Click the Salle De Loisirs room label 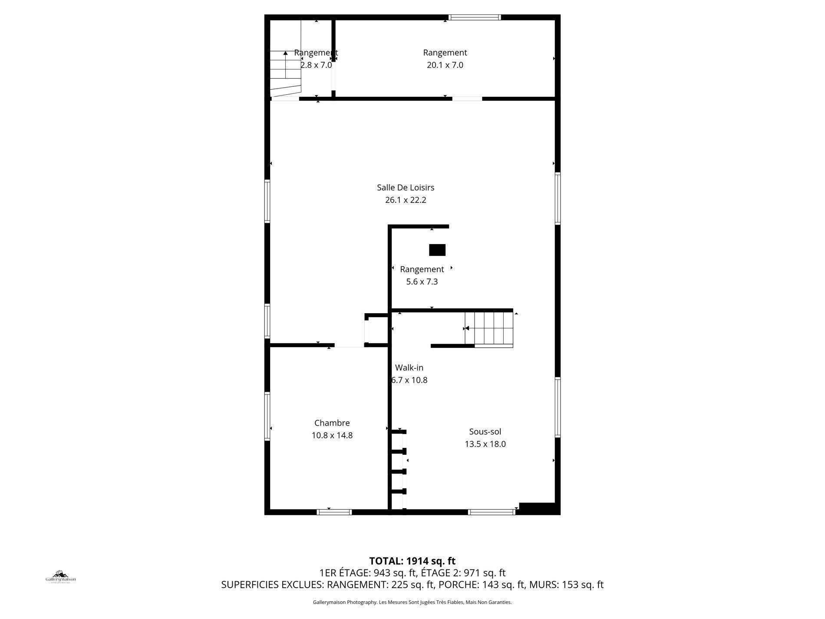click(x=406, y=188)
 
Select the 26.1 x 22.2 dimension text click(x=406, y=200)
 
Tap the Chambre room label click(x=332, y=423)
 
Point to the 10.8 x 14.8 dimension click(x=332, y=435)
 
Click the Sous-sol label click(x=485, y=432)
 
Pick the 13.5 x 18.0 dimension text click(x=485, y=444)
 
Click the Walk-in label click(x=409, y=368)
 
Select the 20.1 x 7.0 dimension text click(x=445, y=65)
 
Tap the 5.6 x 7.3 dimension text click(x=422, y=282)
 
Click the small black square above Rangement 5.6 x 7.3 click(x=437, y=250)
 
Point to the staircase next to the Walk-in click(x=490, y=328)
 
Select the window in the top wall click(x=475, y=17)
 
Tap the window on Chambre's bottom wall click(x=334, y=512)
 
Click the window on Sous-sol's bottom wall click(x=492, y=512)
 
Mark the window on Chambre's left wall click(x=267, y=416)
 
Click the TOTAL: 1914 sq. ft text click(x=412, y=561)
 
